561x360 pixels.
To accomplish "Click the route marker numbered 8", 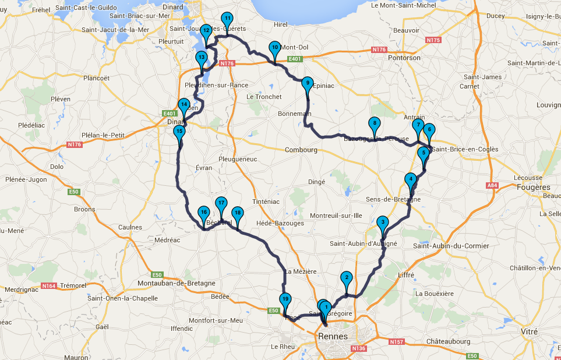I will point(374,123).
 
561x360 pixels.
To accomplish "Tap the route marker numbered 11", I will point(228,19).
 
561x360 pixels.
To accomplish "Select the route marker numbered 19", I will point(285,299).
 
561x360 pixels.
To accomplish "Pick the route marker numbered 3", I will point(382,222).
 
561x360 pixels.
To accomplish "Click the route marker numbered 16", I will point(203,213).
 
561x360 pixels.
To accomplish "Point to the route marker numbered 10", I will point(274,47).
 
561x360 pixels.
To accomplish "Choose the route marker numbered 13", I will point(201,58).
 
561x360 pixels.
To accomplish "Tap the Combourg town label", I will point(301,150).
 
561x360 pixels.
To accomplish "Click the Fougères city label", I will point(533,187).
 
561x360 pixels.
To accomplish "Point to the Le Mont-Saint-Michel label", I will point(411,5).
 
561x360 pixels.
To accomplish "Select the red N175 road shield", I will point(433,40).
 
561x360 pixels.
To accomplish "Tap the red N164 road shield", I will point(49,285).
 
